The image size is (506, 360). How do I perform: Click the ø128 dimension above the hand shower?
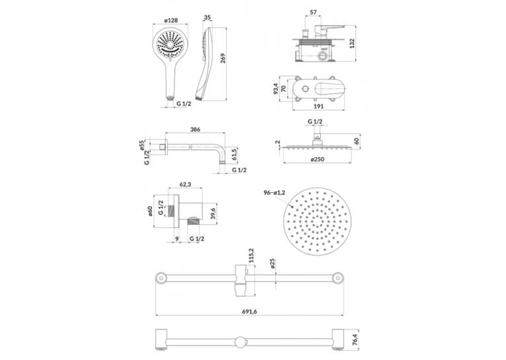pyautogui.click(x=171, y=20)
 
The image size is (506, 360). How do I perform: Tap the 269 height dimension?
pyautogui.click(x=223, y=58)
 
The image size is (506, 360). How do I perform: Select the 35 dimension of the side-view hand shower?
pyautogui.click(x=207, y=17)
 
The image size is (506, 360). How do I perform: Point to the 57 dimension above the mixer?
pyautogui.click(x=313, y=13)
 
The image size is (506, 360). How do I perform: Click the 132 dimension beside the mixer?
pyautogui.click(x=352, y=43)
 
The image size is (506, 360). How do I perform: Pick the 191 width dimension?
pyautogui.click(x=318, y=106)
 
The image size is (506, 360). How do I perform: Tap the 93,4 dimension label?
pyautogui.click(x=275, y=89)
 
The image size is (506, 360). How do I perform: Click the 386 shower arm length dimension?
pyautogui.click(x=196, y=129)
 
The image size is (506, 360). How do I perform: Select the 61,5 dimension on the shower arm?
pyautogui.click(x=235, y=155)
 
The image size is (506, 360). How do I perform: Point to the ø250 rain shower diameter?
pyautogui.click(x=318, y=159)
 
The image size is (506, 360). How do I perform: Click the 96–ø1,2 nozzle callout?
pyautogui.click(x=274, y=193)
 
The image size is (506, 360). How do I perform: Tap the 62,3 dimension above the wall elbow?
pyautogui.click(x=185, y=184)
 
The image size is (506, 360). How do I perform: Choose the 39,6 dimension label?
pyautogui.click(x=213, y=213)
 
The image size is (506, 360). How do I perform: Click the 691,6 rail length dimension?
pyautogui.click(x=250, y=311)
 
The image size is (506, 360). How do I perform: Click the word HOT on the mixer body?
pyautogui.click(x=324, y=49)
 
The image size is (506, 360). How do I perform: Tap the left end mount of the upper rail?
pyautogui.click(x=160, y=277)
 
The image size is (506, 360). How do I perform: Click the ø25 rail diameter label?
pyautogui.click(x=272, y=263)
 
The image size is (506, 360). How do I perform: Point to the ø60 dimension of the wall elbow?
pyautogui.click(x=150, y=211)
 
